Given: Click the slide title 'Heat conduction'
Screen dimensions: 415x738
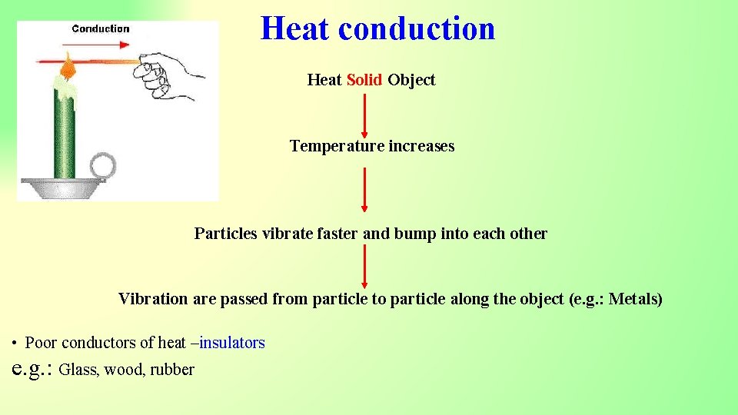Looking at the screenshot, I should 377,29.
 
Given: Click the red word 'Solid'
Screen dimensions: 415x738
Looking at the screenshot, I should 364,80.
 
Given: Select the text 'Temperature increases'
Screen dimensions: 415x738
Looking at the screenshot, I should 371,146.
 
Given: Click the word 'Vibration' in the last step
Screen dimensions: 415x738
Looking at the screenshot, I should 152,299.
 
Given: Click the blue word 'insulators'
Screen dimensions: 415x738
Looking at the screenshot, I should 232,343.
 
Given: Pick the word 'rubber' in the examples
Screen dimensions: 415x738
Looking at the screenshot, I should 172,370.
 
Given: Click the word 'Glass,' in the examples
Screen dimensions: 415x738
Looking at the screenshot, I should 79,370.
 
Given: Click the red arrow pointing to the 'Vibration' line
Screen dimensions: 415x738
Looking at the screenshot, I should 364,266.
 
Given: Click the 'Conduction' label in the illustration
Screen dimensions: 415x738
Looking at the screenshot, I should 101,28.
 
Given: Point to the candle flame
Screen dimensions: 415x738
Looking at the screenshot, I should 68,66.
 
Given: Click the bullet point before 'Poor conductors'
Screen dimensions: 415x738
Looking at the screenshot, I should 14,344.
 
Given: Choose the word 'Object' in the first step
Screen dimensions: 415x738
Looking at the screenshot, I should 411,80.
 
